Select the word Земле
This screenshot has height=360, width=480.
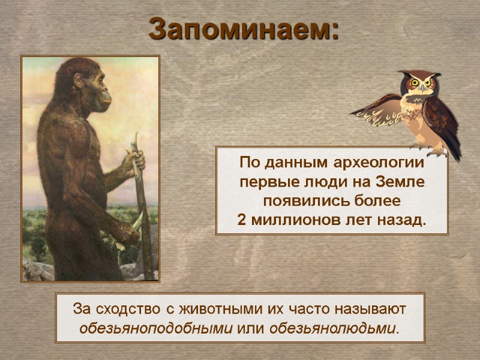pos(400,182)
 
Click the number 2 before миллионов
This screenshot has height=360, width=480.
pos(241,220)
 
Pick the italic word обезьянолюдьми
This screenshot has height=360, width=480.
pos(334,329)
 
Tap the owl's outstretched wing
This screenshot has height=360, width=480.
pos(378,111)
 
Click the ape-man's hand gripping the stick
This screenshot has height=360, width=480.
pos(133,161)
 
